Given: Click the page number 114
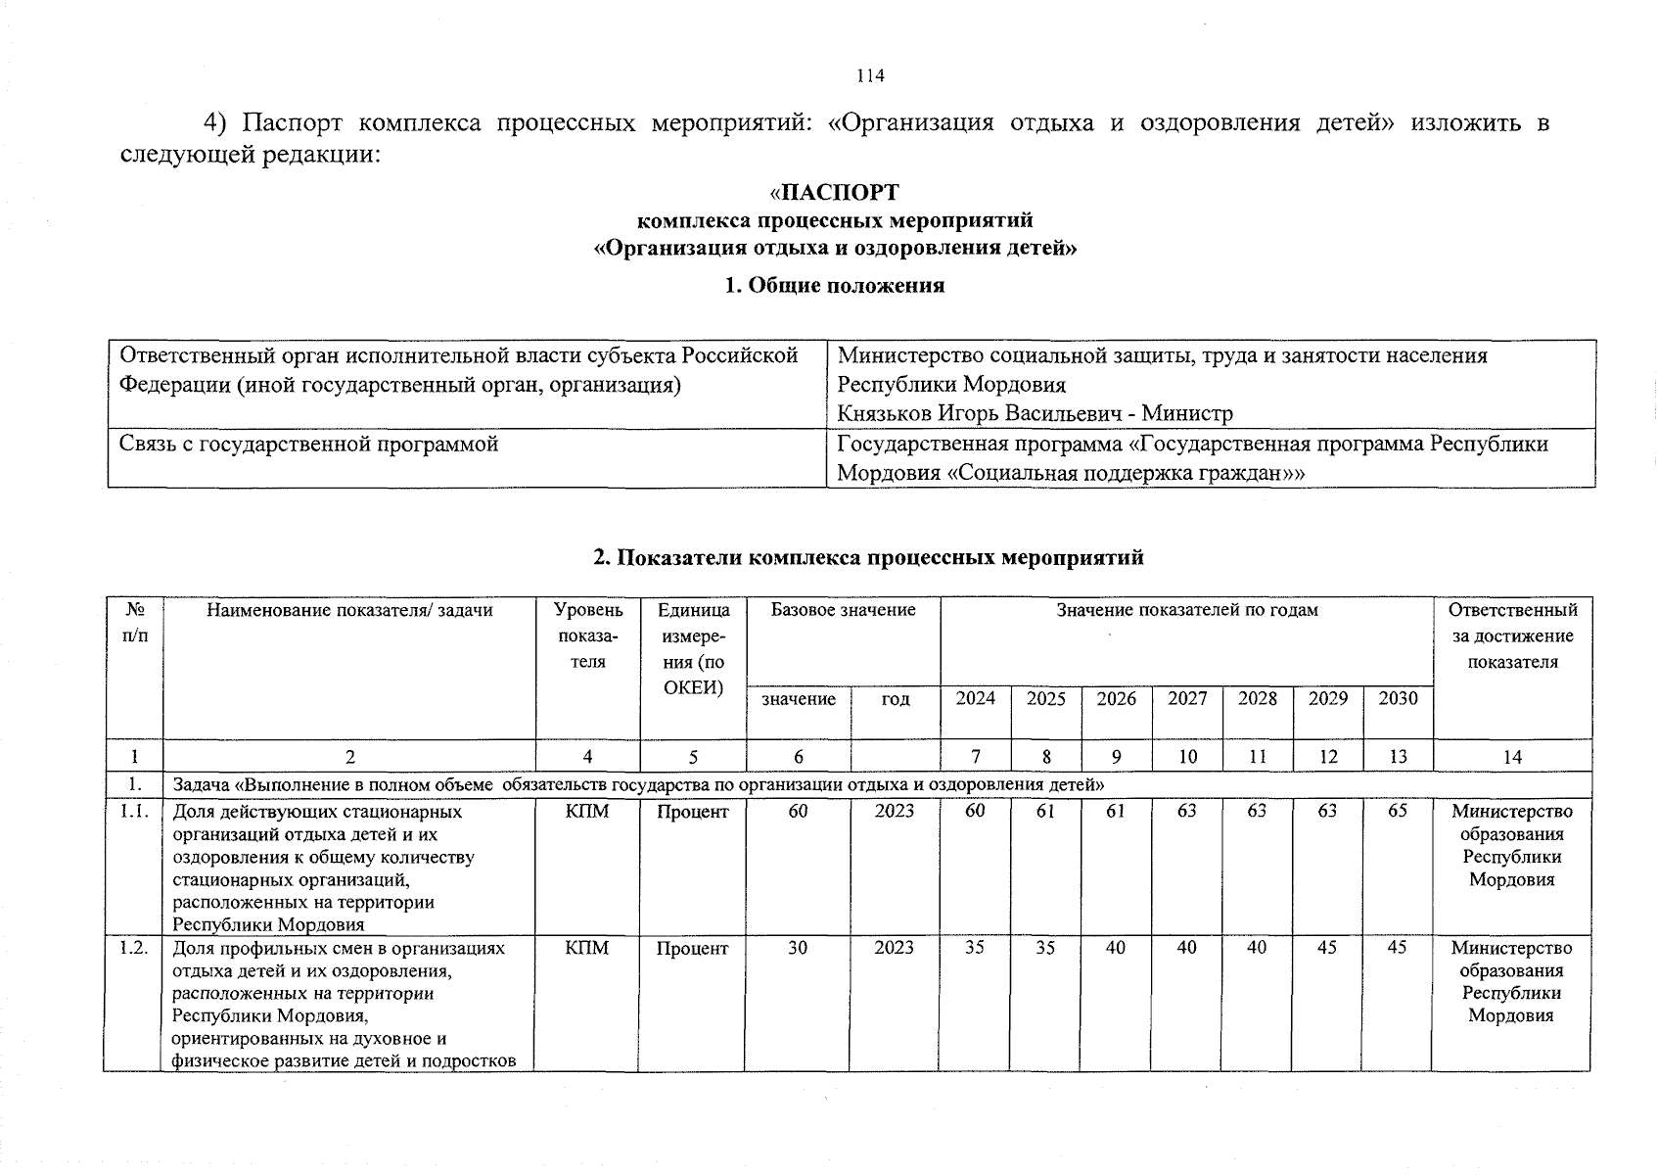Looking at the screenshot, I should click(870, 76).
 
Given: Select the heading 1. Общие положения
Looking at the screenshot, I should click(834, 286).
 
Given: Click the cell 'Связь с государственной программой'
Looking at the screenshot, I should click(309, 445).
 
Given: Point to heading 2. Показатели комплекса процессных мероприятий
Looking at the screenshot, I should click(868, 558).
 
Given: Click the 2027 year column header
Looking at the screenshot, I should click(1187, 699).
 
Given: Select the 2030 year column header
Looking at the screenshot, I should click(1398, 699).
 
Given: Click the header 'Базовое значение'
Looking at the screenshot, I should click(843, 611).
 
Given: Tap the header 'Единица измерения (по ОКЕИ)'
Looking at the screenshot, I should click(693, 648).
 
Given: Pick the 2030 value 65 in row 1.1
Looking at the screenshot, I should click(1398, 812).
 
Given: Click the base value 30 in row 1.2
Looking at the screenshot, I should click(798, 948).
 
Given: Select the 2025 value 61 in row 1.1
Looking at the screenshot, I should click(1045, 812).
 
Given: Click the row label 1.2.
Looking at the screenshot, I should click(133, 948).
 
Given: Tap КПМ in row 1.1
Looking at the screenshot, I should click(587, 812).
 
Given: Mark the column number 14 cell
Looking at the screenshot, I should click(1512, 757).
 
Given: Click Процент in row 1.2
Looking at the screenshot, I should click(693, 948).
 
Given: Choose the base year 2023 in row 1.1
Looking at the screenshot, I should click(895, 812).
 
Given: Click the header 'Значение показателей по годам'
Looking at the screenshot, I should click(1186, 611).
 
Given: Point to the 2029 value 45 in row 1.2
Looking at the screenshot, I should click(1327, 948).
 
